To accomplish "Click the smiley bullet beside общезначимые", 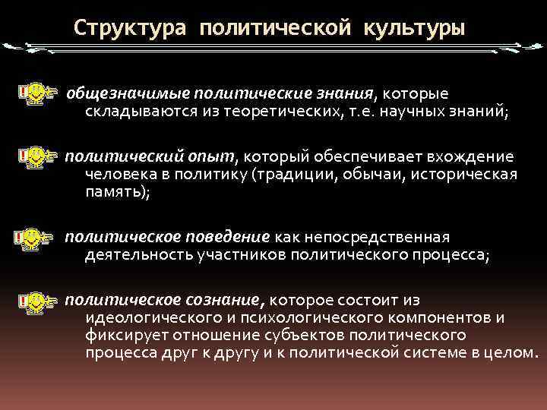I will coord(33,94).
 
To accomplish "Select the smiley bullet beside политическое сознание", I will coord(33,300).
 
